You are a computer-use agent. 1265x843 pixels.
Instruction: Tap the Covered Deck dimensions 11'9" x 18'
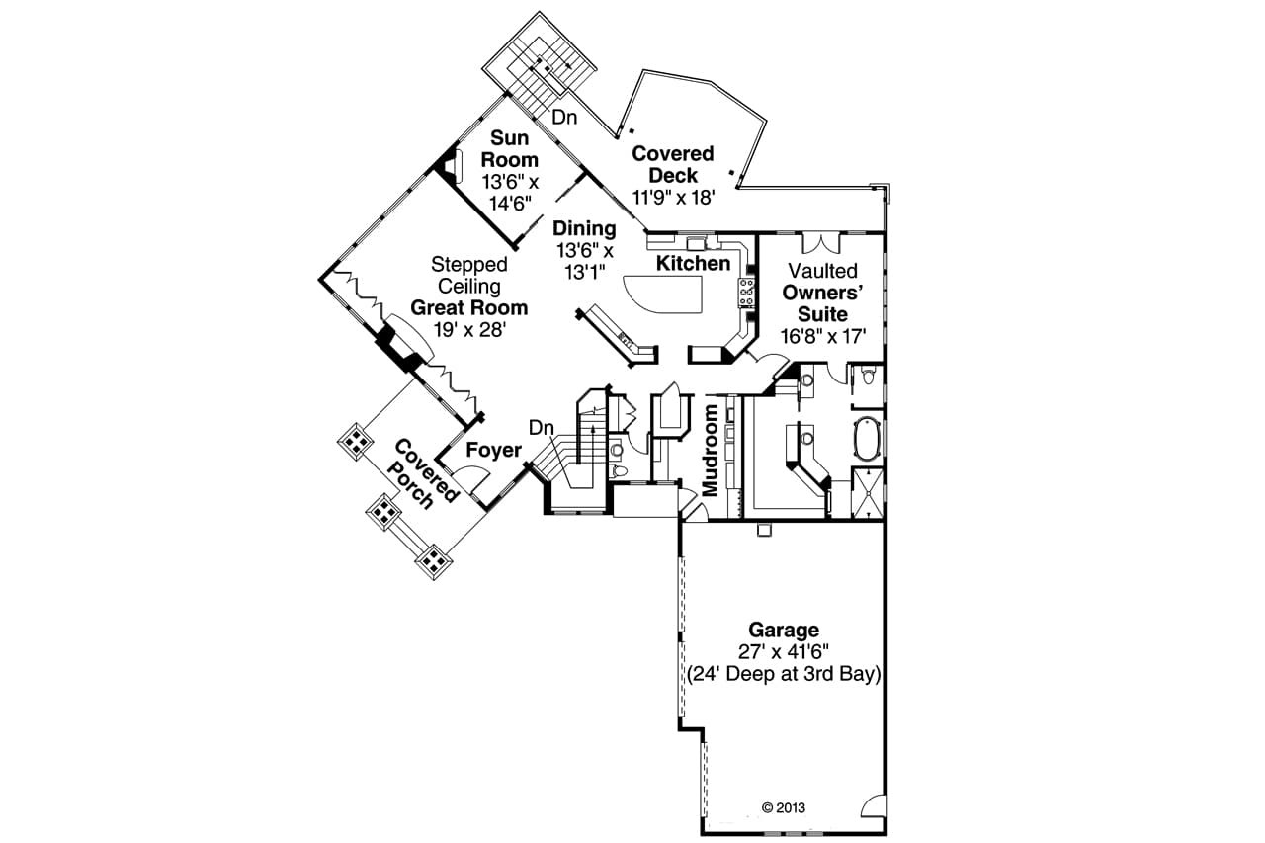coord(673,197)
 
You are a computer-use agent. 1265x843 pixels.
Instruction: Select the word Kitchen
coord(693,263)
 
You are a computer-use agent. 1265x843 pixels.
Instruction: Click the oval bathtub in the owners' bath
coord(867,440)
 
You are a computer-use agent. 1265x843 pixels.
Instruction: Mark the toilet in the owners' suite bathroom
coord(867,376)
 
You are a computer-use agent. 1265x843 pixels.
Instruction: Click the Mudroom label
coord(711,449)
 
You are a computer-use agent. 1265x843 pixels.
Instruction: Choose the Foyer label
coord(493,451)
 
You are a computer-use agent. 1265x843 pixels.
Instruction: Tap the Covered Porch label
coord(425,472)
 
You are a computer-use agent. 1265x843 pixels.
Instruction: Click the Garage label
coord(783,630)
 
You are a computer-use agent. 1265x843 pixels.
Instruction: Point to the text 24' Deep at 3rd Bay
coord(784,675)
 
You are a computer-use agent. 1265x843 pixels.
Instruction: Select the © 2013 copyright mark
coord(784,807)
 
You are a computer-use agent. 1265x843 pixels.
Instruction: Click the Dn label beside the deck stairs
coord(563,117)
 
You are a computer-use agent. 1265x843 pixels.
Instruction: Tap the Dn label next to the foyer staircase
coord(540,428)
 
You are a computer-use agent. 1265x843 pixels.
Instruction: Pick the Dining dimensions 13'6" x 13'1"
coord(583,260)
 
